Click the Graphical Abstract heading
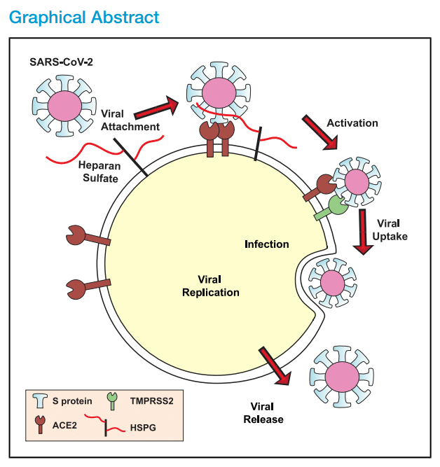point(84,17)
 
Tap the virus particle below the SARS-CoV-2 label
point(63,106)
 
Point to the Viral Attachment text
point(129,120)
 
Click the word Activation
point(352,123)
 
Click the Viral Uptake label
point(392,230)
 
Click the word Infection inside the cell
point(266,244)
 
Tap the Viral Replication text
point(210,286)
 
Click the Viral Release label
point(263,412)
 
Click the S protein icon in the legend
point(41,403)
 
